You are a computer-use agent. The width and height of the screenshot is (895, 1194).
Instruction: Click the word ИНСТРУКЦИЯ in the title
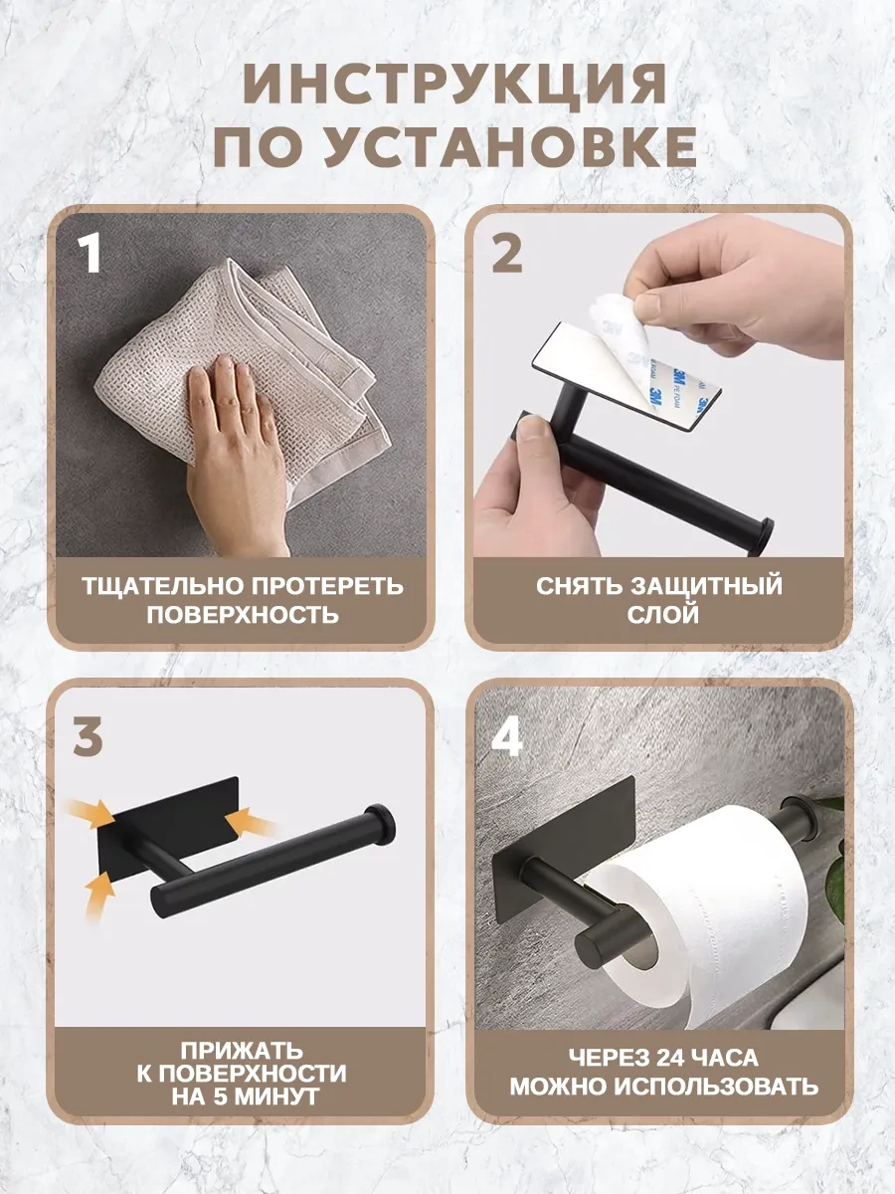[453, 84]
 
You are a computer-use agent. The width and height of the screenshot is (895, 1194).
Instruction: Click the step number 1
[89, 253]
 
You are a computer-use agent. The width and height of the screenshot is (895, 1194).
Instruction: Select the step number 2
[507, 253]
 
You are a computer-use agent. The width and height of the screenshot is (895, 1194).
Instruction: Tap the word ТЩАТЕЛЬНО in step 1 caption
[162, 586]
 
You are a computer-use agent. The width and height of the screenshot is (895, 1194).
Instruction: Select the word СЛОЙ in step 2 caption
[663, 615]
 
